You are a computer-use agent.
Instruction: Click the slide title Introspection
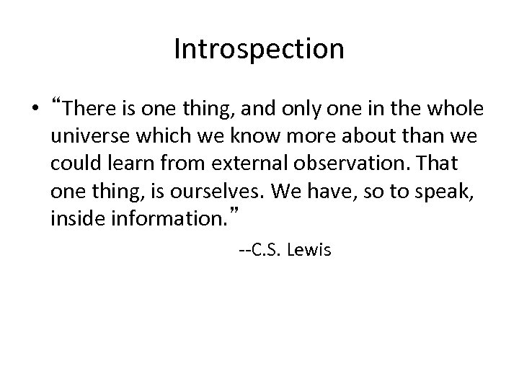tap(259, 49)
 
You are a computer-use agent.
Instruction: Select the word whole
tap(458, 109)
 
